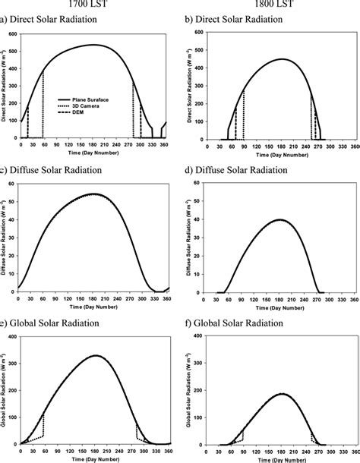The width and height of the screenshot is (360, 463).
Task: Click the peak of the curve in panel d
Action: pos(282,219)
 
